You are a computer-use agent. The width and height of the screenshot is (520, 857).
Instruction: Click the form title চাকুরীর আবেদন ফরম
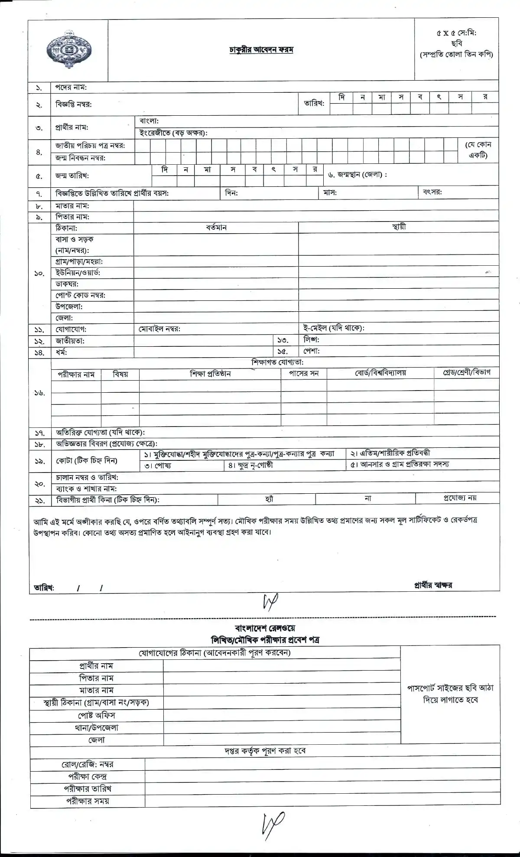261,49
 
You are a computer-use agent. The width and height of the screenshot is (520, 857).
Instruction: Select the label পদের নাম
71,87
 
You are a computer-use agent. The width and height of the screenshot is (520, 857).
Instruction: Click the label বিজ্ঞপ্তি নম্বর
73,104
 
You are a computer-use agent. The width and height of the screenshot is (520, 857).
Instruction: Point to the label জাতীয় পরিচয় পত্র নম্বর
90,146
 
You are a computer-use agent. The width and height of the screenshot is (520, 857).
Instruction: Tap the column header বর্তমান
216,228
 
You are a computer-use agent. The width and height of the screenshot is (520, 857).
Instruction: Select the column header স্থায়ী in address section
399,227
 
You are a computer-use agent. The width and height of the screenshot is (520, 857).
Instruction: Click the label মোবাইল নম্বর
159,329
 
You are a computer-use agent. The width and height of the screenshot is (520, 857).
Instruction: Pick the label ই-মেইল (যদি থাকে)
334,328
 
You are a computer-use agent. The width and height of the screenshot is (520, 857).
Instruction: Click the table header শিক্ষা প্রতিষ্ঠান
210,374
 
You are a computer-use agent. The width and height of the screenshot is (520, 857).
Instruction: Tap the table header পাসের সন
304,373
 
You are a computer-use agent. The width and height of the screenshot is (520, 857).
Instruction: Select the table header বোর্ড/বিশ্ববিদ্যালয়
380,373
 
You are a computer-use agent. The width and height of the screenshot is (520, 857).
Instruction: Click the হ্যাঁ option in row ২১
269,499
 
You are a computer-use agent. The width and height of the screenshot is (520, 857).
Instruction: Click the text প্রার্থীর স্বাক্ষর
433,585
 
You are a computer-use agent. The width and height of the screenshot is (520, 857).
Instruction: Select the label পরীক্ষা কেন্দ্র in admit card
88,776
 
